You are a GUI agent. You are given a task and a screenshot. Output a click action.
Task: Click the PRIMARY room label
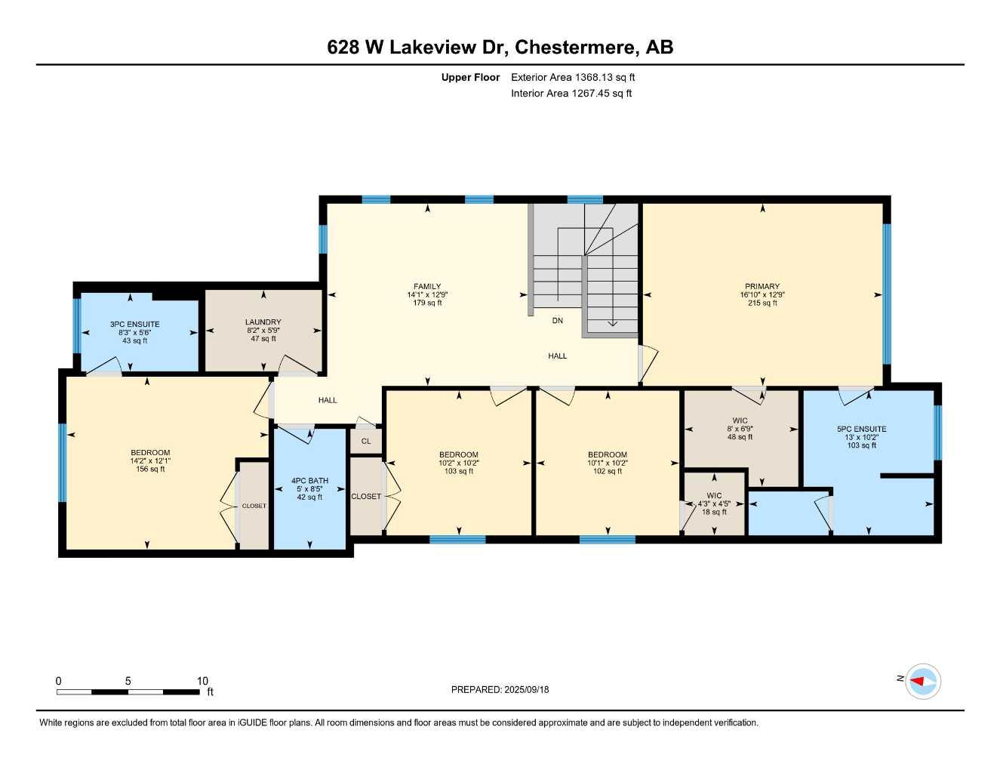pos(762,286)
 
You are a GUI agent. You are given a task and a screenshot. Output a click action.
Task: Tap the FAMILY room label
pos(427,286)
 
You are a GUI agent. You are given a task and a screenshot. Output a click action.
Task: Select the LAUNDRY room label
pos(263,322)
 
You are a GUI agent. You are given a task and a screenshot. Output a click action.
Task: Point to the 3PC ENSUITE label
pos(135,325)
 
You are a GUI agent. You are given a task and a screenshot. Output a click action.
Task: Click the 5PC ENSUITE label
pos(861,429)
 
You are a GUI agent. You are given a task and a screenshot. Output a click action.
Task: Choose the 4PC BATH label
pos(309,481)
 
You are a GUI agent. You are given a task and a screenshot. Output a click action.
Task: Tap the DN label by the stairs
pos(557,321)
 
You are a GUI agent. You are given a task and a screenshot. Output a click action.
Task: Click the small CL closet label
pos(366,441)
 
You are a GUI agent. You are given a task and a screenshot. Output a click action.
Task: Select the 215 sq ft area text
pos(762,303)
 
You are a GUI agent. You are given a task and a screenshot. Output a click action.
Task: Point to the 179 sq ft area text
pos(427,303)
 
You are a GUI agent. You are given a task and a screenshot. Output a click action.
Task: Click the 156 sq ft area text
pos(150,470)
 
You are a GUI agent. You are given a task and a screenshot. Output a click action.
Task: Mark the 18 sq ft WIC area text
pos(714,512)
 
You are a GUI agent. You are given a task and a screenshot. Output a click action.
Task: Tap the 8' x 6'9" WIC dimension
pos(740,429)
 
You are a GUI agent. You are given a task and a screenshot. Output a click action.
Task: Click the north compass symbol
pos(922,681)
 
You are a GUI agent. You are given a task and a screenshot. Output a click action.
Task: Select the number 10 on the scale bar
pos(202,681)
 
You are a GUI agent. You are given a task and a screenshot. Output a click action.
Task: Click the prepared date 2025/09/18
pos(525,689)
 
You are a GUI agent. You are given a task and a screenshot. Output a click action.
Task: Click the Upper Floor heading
pos(470,77)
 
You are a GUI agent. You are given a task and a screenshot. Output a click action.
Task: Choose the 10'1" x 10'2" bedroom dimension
pos(608,463)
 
